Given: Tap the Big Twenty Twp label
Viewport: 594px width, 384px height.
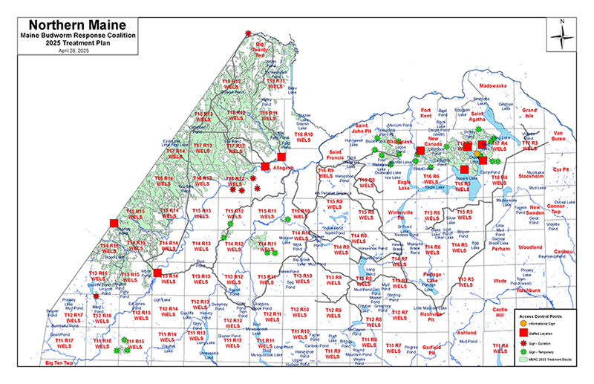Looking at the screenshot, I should coord(261,48).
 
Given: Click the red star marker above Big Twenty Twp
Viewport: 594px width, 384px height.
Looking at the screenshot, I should coord(248,33).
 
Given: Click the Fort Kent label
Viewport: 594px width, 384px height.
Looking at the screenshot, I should coord(426,113).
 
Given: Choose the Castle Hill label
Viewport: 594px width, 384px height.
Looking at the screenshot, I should coord(499,311).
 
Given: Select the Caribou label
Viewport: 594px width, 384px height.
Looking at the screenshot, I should coord(564,253).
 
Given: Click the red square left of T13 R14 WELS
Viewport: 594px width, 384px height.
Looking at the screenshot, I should coord(157,273).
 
